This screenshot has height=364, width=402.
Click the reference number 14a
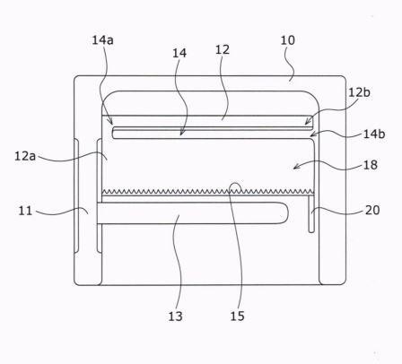[102, 40]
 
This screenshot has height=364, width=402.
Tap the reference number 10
[287, 40]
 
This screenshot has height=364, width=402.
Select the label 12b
[359, 92]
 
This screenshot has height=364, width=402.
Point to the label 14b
[374, 134]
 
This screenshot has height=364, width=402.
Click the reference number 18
[371, 165]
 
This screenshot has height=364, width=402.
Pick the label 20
[372, 210]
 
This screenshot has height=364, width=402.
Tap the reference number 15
[237, 316]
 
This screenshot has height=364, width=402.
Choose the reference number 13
[175, 316]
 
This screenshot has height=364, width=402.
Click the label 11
[25, 211]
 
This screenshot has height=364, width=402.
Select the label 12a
[25, 156]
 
